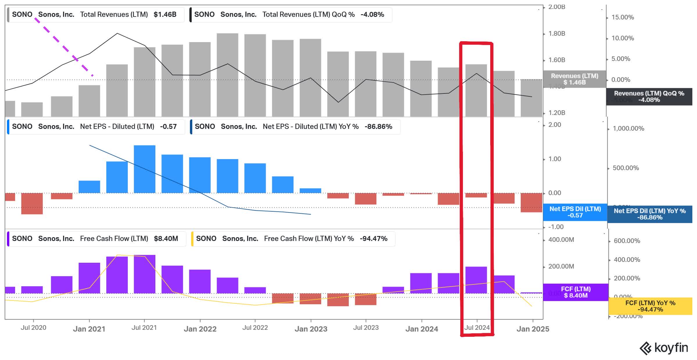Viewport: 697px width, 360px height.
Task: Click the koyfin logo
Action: pyautogui.click(x=664, y=348)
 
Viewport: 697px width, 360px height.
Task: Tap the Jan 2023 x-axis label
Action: pyautogui.click(x=311, y=329)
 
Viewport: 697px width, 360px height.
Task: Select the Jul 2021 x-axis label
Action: pyautogui.click(x=144, y=328)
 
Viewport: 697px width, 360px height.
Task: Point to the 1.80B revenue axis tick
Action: pyautogui.click(x=556, y=34)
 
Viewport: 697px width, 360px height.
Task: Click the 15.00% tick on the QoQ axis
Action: pyautogui.click(x=622, y=17)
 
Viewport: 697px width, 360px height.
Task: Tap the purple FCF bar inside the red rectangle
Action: pyautogui.click(x=476, y=280)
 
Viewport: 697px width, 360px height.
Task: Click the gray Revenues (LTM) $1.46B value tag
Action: pyautogui.click(x=574, y=79)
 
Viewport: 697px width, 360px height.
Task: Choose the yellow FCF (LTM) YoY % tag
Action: pyautogui.click(x=650, y=306)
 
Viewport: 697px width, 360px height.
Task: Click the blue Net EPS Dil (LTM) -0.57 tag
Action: pyautogui.click(x=575, y=212)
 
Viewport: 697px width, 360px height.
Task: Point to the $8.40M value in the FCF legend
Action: pyautogui.click(x=166, y=239)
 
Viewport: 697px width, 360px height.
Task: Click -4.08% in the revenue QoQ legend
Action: pyautogui.click(x=372, y=15)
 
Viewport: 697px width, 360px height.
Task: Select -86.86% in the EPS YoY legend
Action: pyautogui.click(x=378, y=127)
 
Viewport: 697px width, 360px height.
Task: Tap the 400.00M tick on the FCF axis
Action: pyautogui.click(x=561, y=240)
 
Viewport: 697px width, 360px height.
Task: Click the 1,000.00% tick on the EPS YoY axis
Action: pyautogui.click(x=628, y=129)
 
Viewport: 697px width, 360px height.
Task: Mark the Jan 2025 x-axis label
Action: pyautogui.click(x=533, y=329)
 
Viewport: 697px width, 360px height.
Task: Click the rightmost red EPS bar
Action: pyautogui.click(x=531, y=203)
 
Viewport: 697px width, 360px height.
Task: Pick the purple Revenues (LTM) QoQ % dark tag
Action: pyautogui.click(x=649, y=97)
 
